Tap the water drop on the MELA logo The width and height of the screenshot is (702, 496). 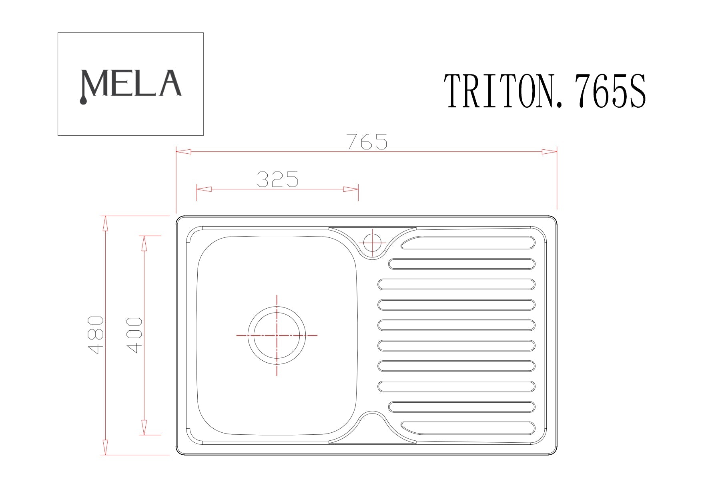tap(83, 101)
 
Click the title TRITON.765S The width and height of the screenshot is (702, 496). tap(546, 91)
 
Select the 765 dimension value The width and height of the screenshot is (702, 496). tap(367, 141)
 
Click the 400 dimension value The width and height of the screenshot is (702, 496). tap(134, 335)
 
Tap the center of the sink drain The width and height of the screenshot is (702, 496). tap(277, 335)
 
